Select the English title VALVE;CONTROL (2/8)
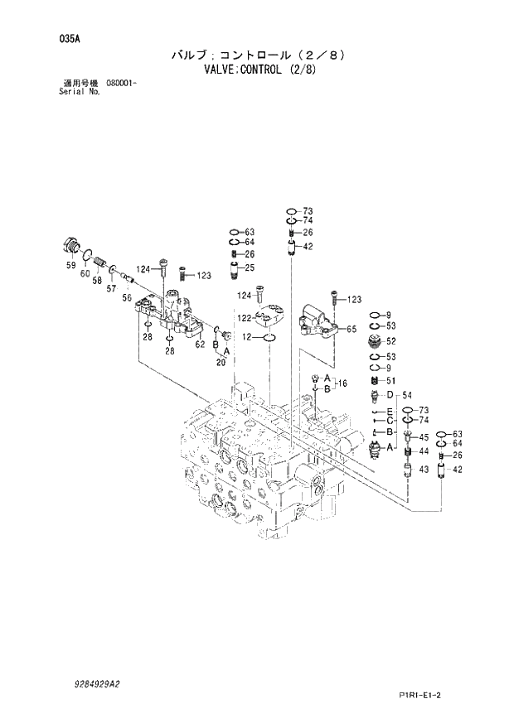[258, 70]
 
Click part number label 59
[70, 264]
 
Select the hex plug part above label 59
[70, 246]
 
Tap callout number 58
[97, 281]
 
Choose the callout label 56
[127, 297]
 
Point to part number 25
[249, 268]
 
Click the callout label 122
[245, 318]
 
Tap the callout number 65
[352, 329]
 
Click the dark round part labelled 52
[374, 341]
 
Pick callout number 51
[390, 380]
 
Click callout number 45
[423, 436]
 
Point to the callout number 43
[422, 470]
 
